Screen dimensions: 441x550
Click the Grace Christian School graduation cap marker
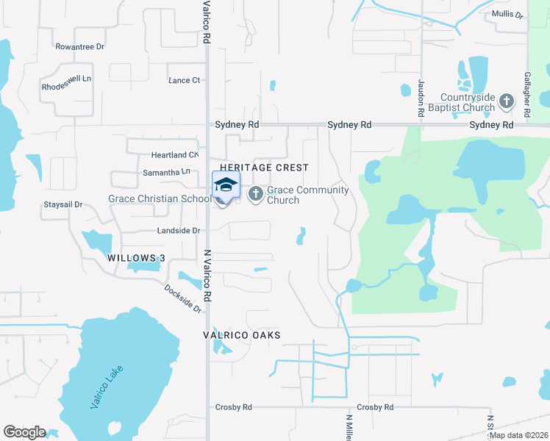226,184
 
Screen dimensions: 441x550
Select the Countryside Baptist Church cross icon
506,101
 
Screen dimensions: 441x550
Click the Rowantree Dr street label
80,46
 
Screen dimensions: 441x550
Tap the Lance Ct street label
184,81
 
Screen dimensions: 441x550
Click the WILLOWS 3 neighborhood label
136,258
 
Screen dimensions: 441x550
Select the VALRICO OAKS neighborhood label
242,335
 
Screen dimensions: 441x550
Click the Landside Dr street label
179,231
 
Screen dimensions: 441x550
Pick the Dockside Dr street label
183,298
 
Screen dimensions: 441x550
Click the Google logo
25,432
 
